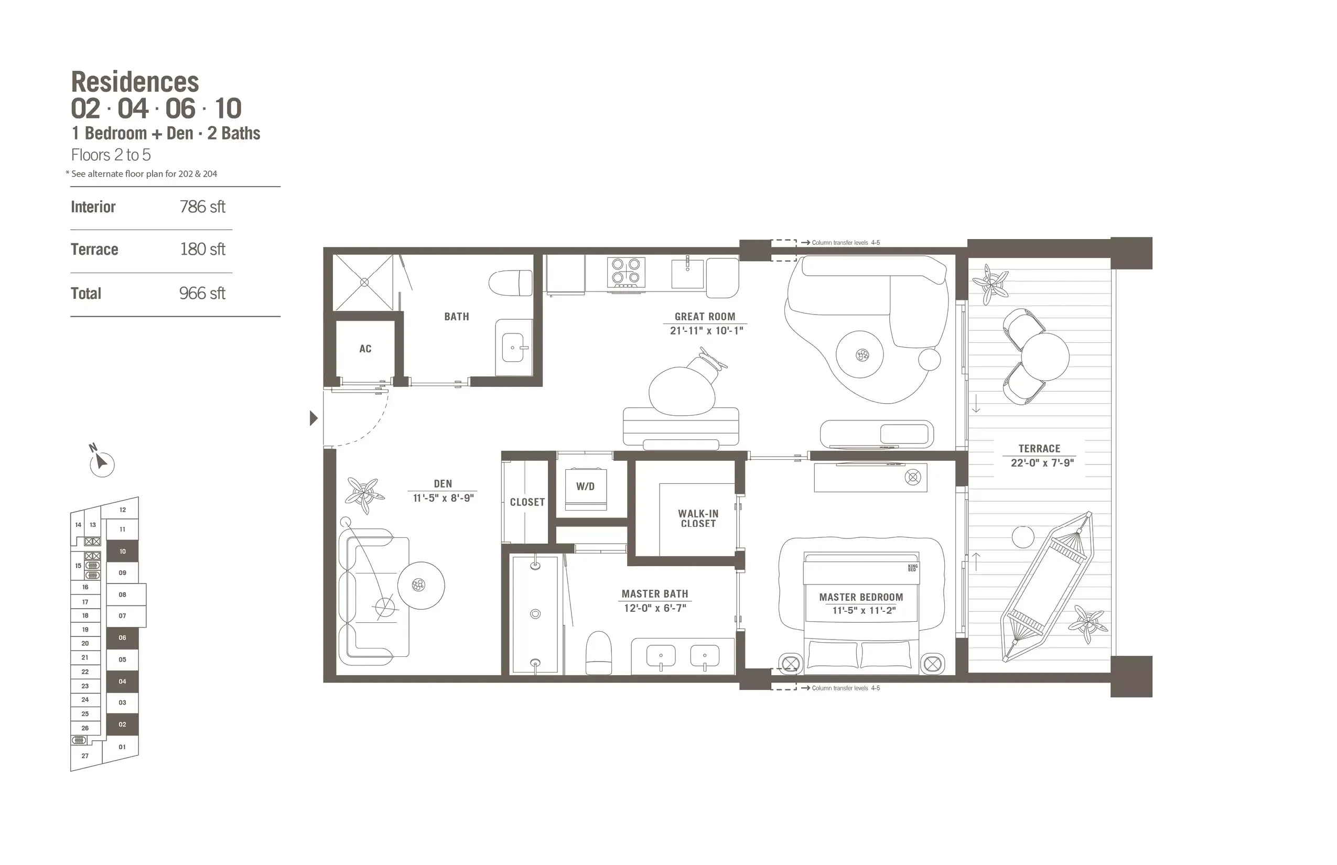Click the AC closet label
[365, 349]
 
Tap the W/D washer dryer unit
[585, 489]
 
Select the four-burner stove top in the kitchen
[626, 273]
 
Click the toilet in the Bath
[510, 283]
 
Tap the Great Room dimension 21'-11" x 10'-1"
[706, 331]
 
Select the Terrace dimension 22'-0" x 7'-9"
[1042, 463]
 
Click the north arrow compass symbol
[101, 463]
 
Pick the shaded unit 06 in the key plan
[123, 637]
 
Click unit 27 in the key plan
[85, 755]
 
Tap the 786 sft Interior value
[202, 207]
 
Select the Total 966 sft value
[202, 293]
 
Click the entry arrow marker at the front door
[314, 418]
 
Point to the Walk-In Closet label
[698, 518]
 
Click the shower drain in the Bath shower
[364, 283]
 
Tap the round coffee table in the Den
[420, 585]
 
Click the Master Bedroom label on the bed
[860, 597]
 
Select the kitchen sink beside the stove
[687, 273]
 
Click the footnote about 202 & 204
[143, 174]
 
